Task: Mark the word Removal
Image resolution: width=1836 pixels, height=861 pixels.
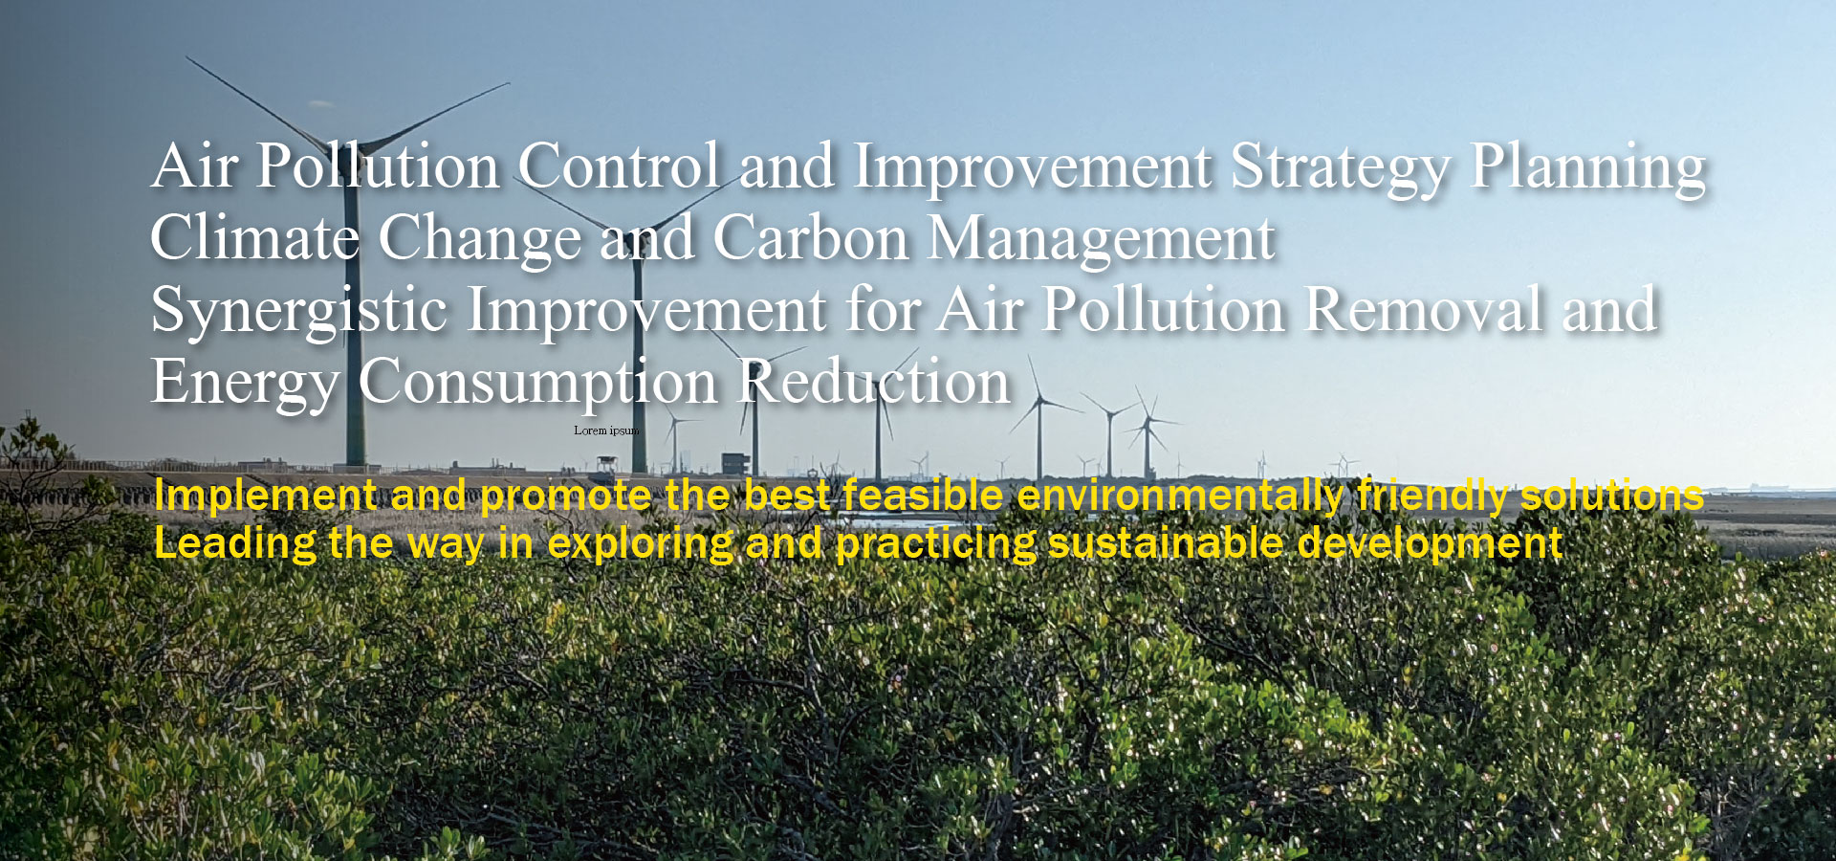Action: pyautogui.click(x=1424, y=310)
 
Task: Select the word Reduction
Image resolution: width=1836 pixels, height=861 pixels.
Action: pyautogui.click(x=875, y=382)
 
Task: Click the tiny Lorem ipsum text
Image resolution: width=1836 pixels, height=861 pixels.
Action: pyautogui.click(x=606, y=430)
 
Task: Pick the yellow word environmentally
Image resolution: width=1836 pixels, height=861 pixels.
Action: pyautogui.click(x=1181, y=497)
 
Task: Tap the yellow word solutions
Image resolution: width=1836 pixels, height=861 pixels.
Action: pyautogui.click(x=1612, y=495)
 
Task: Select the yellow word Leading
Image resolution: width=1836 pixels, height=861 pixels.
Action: pyautogui.click(x=235, y=544)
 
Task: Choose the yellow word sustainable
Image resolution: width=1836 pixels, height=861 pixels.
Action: pyautogui.click(x=1167, y=542)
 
